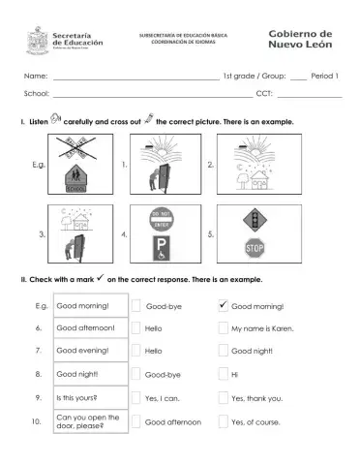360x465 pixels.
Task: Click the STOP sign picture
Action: [x=254, y=249]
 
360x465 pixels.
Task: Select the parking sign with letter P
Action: [x=160, y=249]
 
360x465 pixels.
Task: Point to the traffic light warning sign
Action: [x=254, y=218]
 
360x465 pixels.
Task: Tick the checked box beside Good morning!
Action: [x=223, y=306]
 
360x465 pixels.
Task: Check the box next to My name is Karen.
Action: [x=223, y=329]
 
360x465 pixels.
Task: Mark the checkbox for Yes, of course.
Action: [x=223, y=421]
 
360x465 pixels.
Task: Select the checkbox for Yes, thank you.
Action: [x=223, y=398]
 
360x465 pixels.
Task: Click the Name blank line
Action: [x=135, y=77]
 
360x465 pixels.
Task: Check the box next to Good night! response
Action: [x=223, y=352]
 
